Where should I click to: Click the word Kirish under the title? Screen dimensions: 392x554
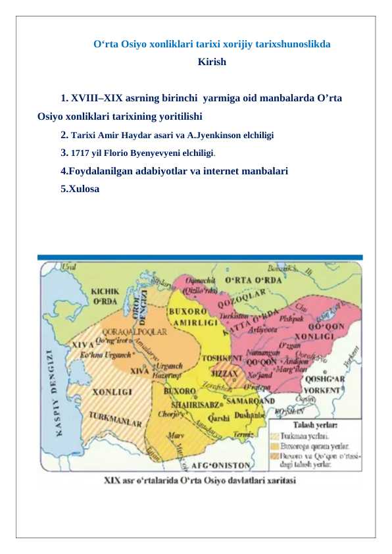click(x=212, y=63)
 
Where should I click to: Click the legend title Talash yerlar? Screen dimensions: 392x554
click(x=315, y=426)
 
